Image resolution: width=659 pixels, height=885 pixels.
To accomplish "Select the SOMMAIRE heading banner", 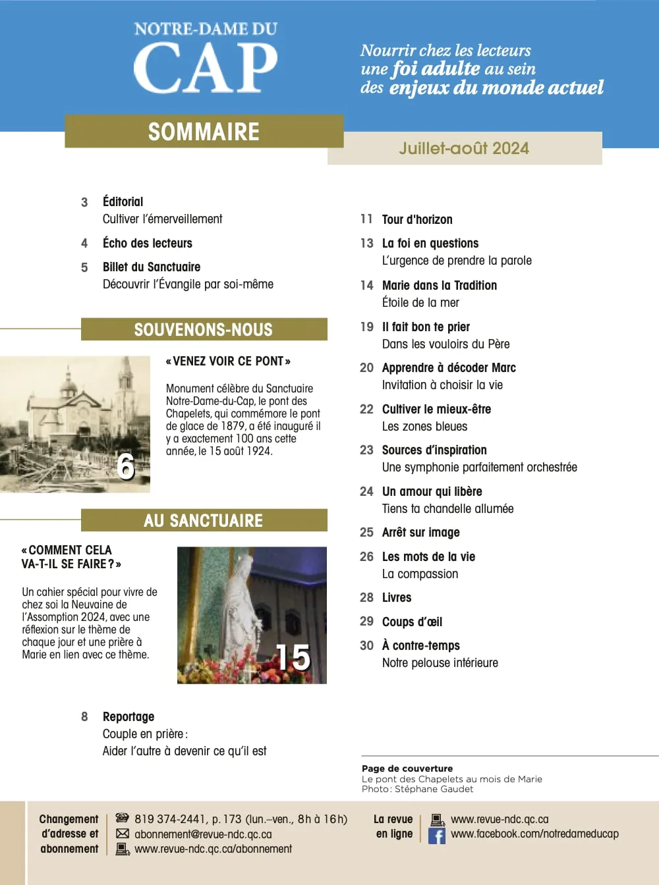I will pos(204,132).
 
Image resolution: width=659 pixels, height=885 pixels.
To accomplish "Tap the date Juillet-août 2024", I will pos(464,148).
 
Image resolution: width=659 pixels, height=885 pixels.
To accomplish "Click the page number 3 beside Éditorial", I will pos(84,202).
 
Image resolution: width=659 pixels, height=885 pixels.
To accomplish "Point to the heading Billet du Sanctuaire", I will pos(152,267).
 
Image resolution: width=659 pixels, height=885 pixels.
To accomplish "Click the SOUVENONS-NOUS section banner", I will pos(204,329).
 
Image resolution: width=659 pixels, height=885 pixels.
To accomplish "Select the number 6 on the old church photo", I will pos(126,466).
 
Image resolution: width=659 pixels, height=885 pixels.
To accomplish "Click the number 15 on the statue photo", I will pos(293,657).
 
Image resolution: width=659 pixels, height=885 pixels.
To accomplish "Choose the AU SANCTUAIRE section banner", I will pos(204,520).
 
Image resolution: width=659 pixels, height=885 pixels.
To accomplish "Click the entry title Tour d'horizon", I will pos(417,219).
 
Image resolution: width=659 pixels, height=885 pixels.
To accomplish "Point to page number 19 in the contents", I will pos(367,327).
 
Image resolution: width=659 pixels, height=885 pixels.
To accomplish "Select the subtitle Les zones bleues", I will pos(424,426).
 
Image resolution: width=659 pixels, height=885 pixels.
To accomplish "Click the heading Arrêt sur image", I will pos(420,532).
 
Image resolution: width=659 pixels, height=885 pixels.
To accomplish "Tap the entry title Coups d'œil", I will pos(412,622).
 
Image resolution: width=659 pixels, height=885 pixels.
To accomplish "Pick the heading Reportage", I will pos(129,716).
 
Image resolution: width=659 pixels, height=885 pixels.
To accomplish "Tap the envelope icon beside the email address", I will pos(123,834).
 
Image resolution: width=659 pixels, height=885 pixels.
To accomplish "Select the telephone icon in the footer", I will pos(123,818).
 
